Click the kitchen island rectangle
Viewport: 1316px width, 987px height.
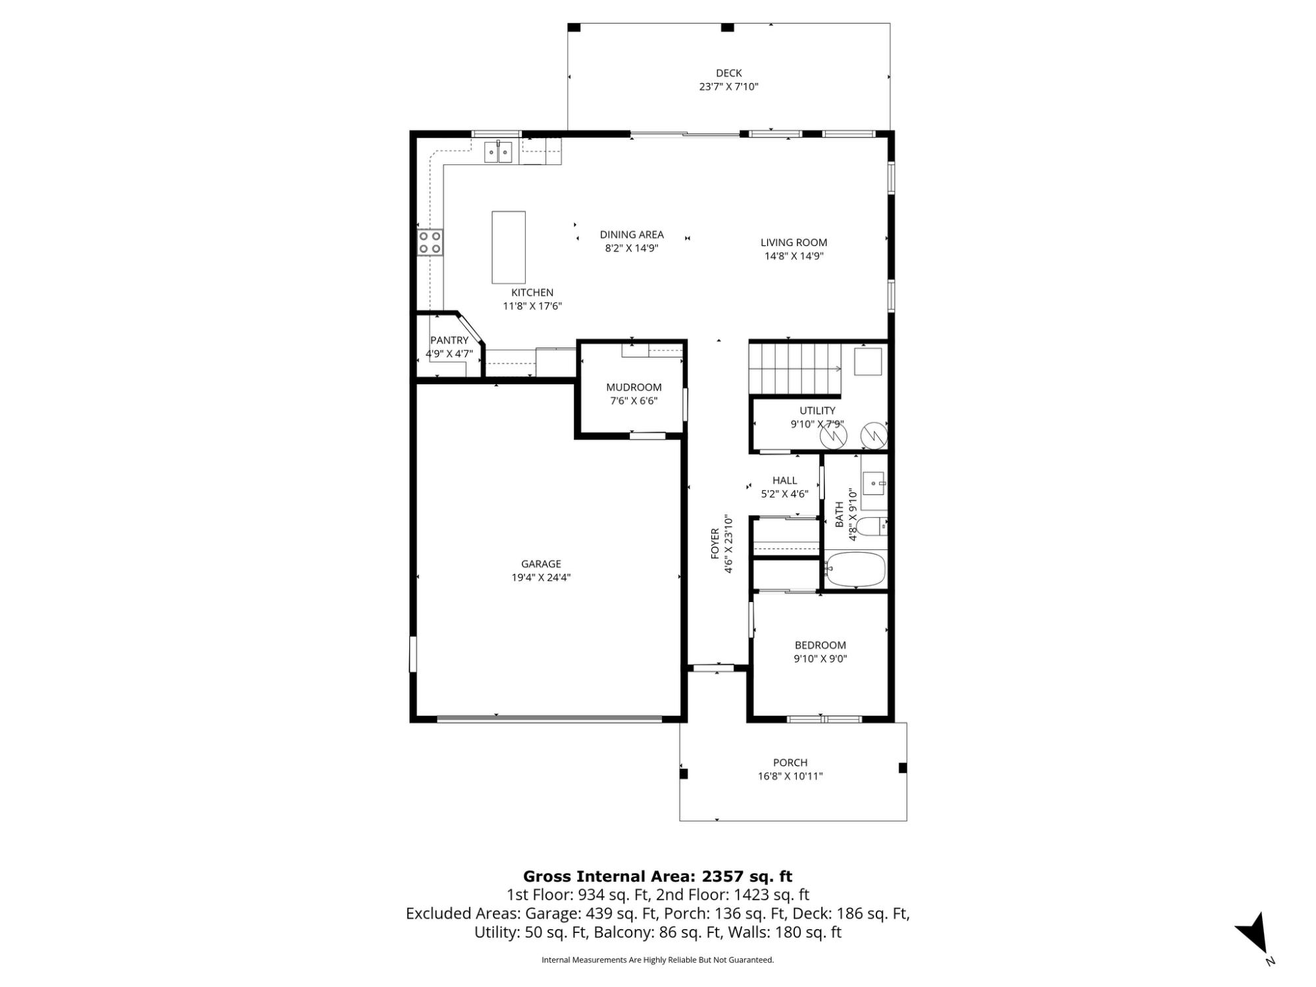pos(509,247)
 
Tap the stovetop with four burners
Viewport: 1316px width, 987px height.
pos(430,242)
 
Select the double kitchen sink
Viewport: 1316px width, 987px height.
pos(499,152)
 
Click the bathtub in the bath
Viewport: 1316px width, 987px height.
pos(855,570)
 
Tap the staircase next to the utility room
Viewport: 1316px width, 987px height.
pos(796,369)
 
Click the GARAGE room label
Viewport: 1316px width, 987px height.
pos(541,564)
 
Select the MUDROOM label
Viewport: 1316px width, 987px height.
pos(634,388)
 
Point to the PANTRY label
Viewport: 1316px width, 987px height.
pos(449,340)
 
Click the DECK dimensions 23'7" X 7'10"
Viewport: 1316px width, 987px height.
pos(728,86)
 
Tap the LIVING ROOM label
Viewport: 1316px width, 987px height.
pos(794,243)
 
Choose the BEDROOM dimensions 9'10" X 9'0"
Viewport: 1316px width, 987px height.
pos(820,659)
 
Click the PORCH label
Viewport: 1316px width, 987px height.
pos(790,763)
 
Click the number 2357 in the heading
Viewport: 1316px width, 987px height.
pos(722,876)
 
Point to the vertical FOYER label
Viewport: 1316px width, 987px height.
pos(715,544)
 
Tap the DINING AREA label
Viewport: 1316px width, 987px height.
pos(632,234)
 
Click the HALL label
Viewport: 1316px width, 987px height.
pos(784,481)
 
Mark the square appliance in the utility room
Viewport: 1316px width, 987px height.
pos(868,361)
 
